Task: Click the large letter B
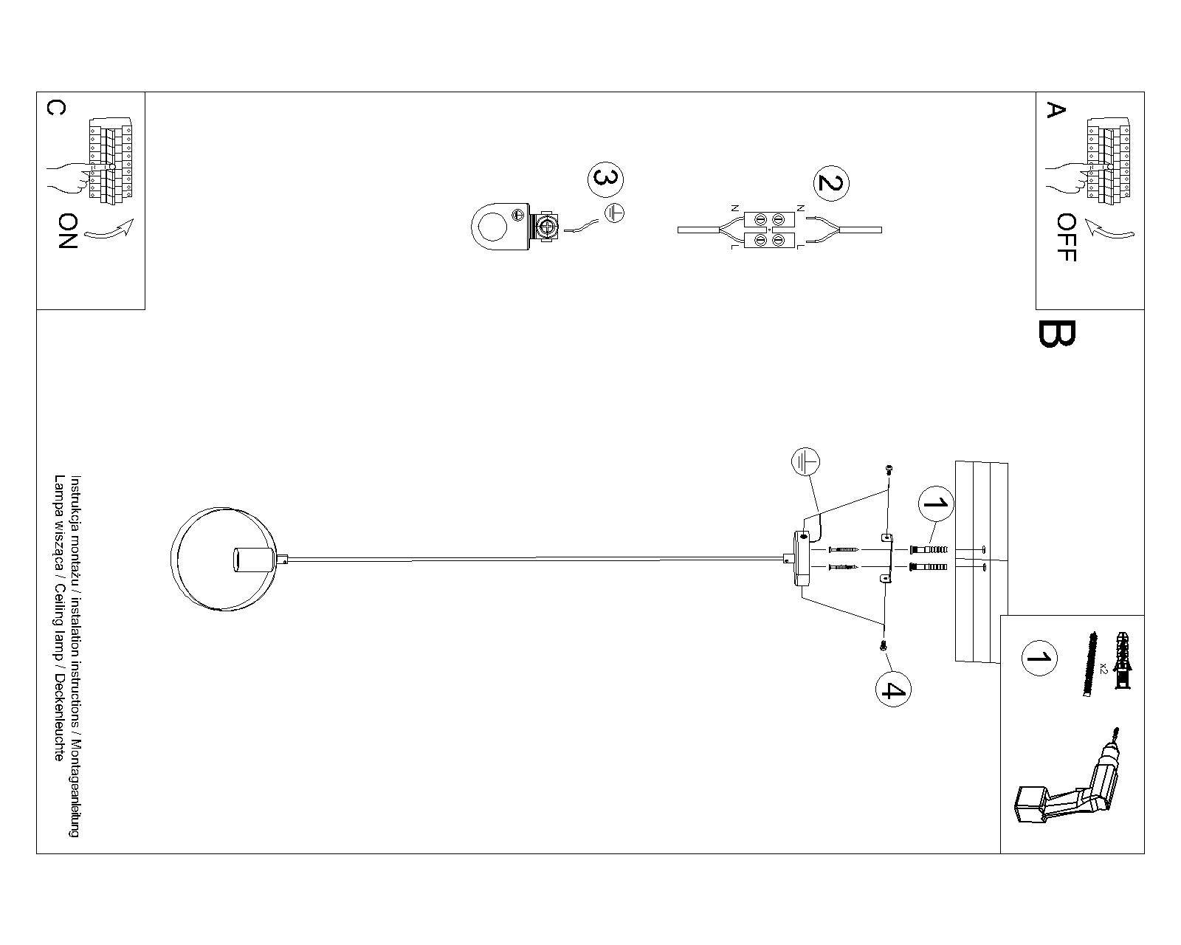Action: coord(1056,333)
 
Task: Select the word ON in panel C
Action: coord(67,231)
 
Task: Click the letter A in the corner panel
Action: coord(1056,110)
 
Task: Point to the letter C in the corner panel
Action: coord(55,108)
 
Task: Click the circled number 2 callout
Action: coord(830,183)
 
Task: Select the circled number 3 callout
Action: coord(605,179)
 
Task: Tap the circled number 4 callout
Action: coord(892,690)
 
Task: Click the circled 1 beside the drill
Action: coord(1039,658)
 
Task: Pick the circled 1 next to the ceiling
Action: coord(935,504)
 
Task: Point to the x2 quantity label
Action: coord(1103,667)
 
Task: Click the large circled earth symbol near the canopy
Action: coord(806,463)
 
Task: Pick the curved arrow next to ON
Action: coord(109,230)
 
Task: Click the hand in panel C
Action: coord(69,178)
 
